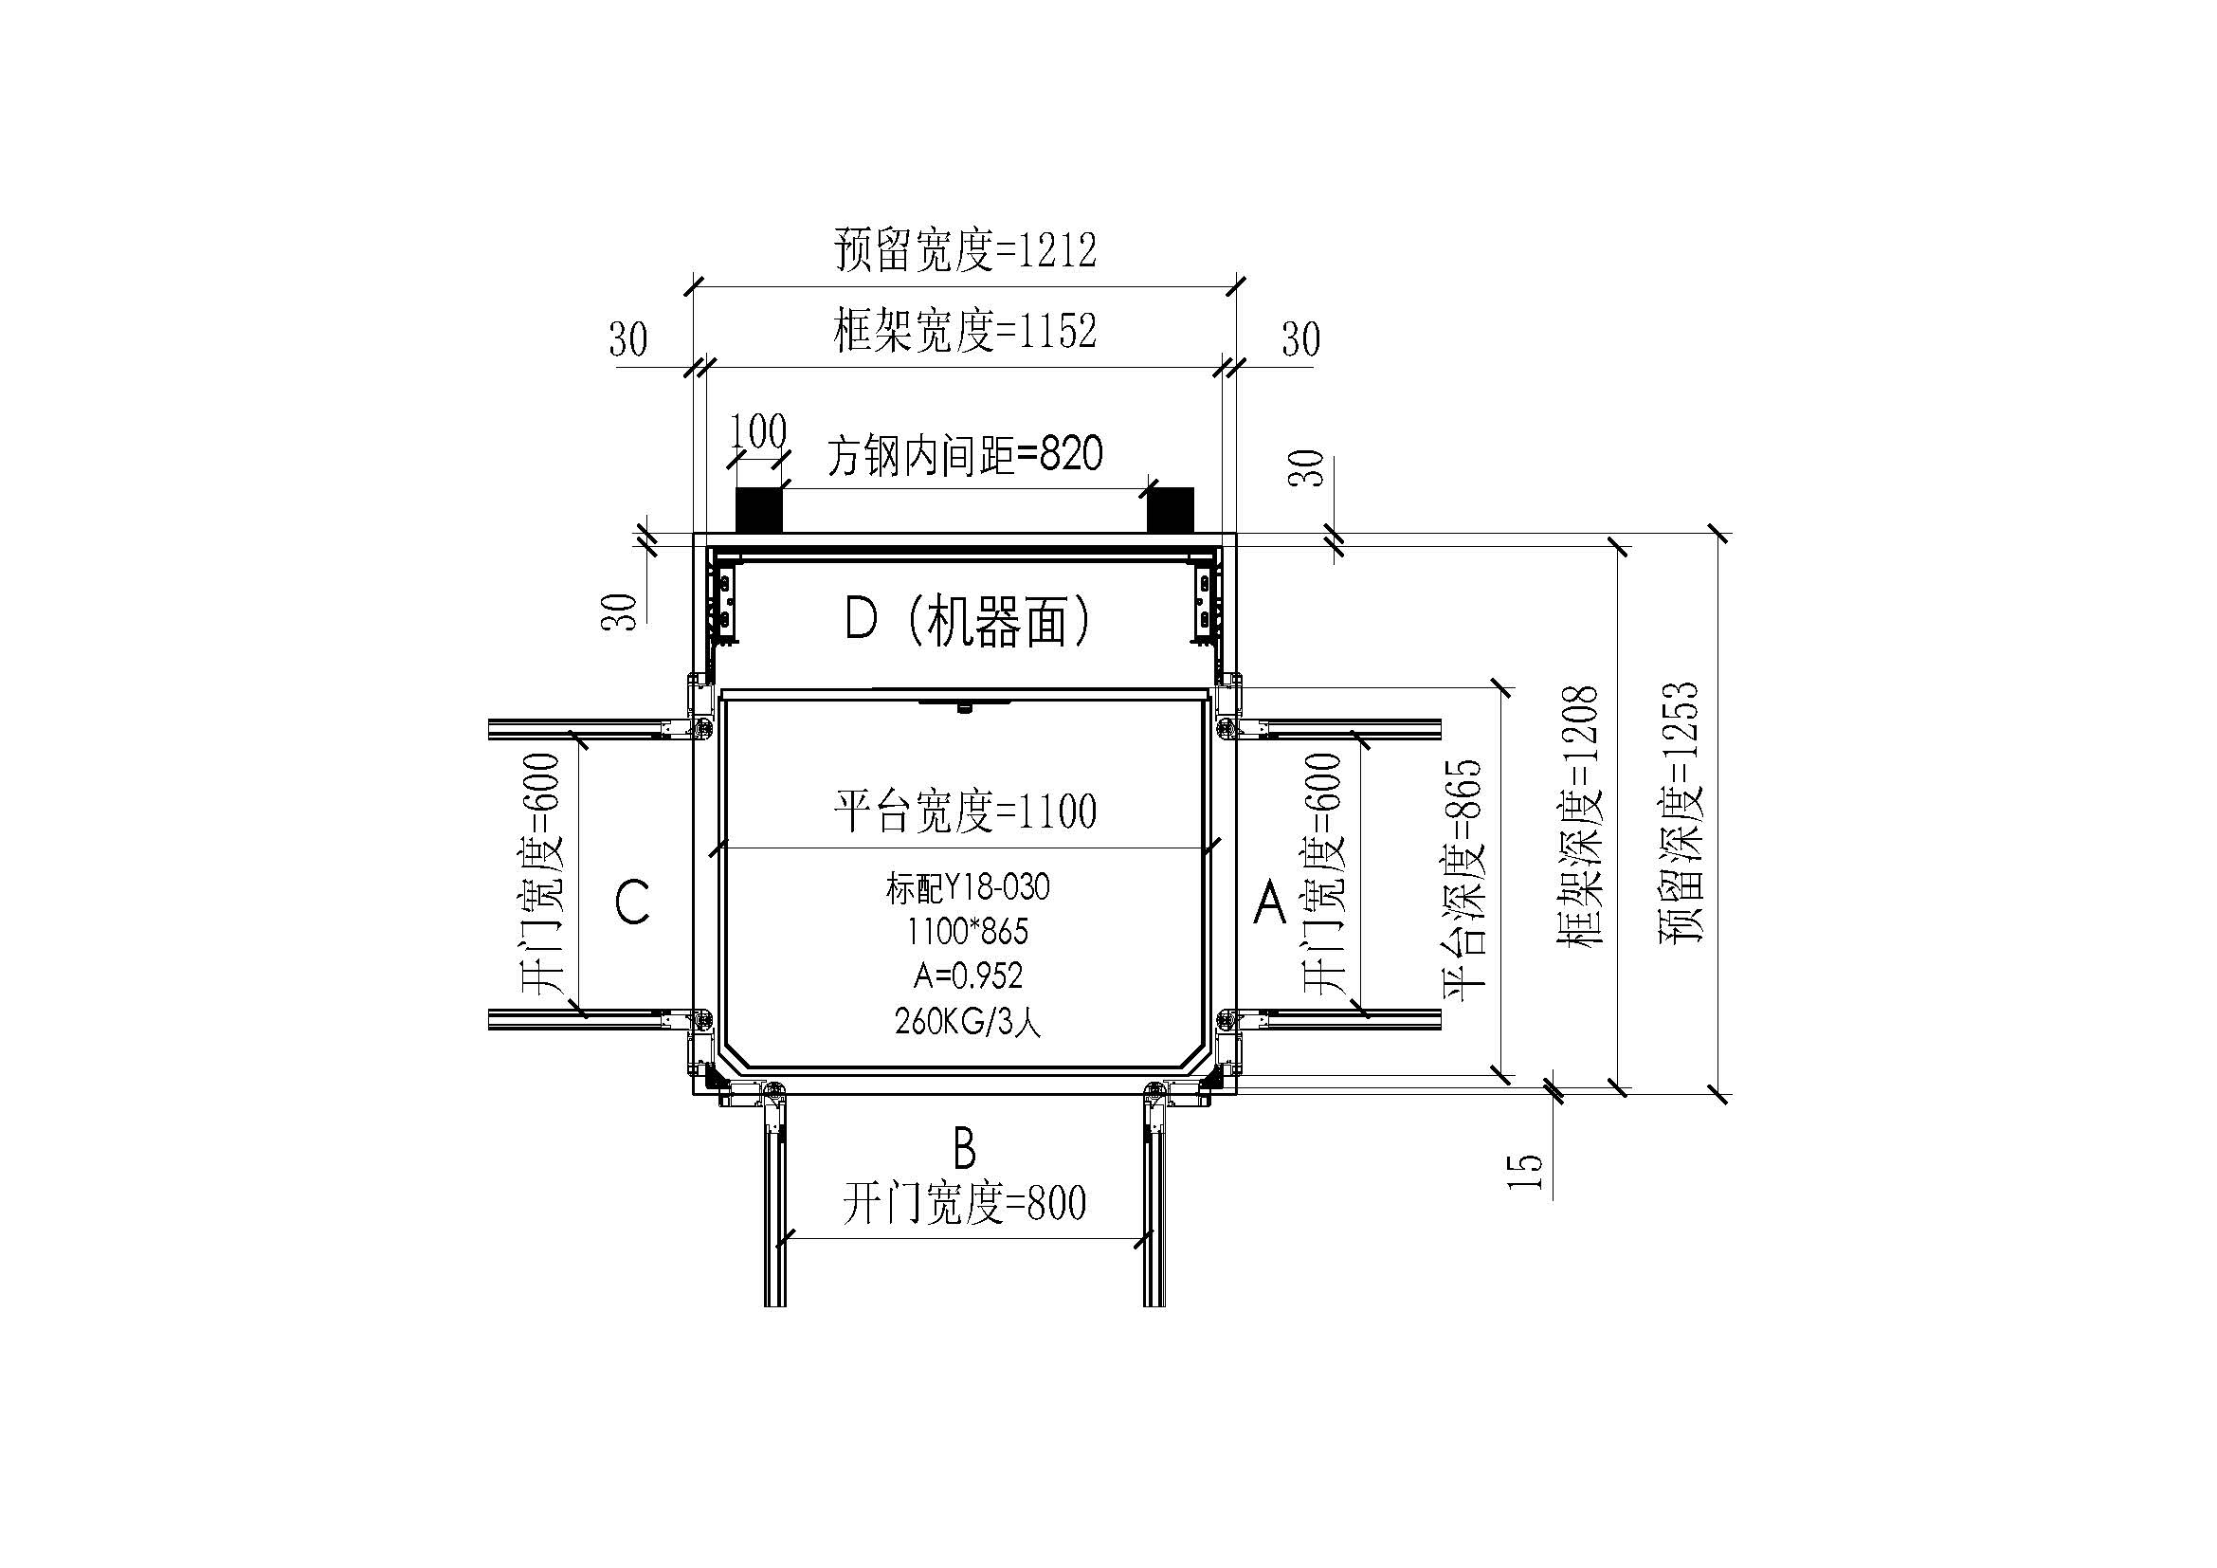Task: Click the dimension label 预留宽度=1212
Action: [965, 251]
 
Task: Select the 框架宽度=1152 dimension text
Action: [965, 332]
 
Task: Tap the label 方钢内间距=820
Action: [965, 455]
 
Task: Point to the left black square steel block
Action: [759, 509]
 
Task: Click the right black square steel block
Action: [1171, 509]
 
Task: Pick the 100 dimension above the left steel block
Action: [758, 431]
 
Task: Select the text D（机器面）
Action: [968, 619]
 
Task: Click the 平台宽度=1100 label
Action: [965, 811]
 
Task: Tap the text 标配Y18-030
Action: [968, 887]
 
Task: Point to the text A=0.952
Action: [968, 976]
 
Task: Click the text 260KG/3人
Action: [968, 1021]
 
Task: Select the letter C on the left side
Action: [632, 903]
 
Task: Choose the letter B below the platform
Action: [965, 1150]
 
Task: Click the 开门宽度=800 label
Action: [965, 1203]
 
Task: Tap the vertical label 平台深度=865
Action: [1462, 880]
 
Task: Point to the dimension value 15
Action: [1526, 1170]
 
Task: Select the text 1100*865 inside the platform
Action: [968, 932]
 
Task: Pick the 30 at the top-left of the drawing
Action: [627, 340]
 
